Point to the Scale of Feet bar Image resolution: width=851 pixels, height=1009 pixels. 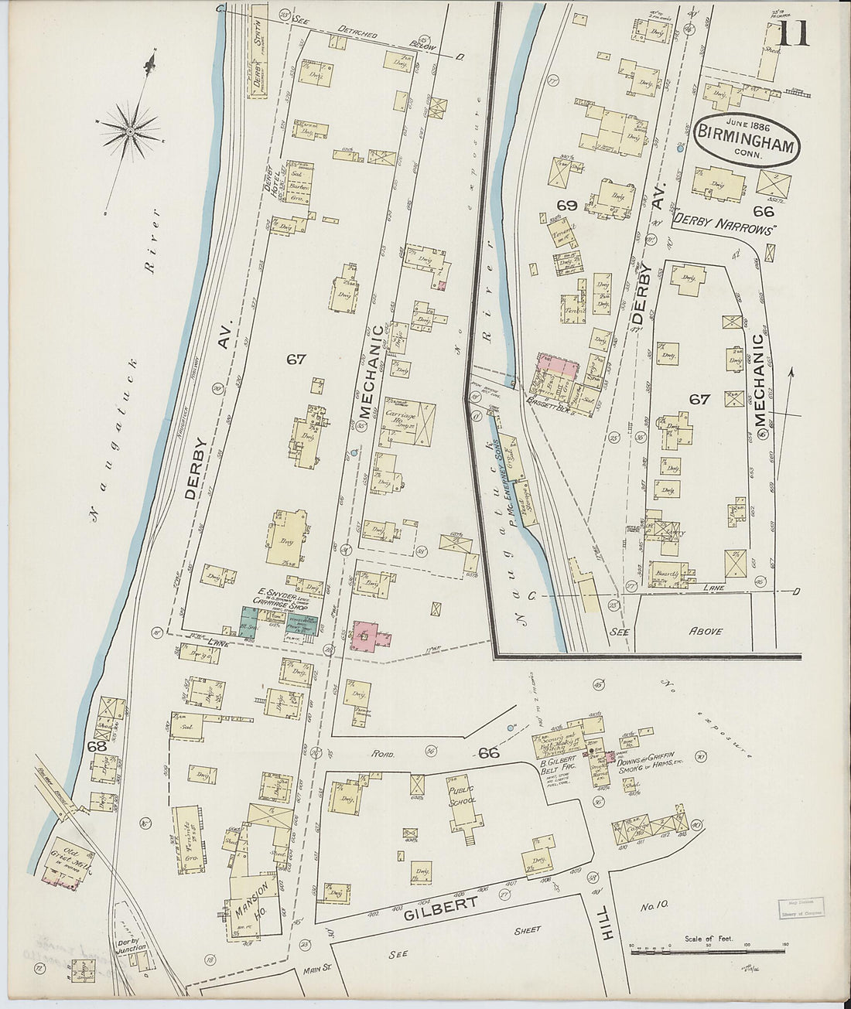(x=708, y=952)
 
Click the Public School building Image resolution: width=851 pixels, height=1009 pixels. (x=465, y=808)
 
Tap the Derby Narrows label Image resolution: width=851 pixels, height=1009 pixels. (x=724, y=220)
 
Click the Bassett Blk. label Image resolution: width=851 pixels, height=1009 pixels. (x=566, y=403)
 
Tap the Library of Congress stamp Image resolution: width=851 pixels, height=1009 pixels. (x=801, y=907)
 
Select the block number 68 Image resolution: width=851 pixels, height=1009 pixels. (x=97, y=747)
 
